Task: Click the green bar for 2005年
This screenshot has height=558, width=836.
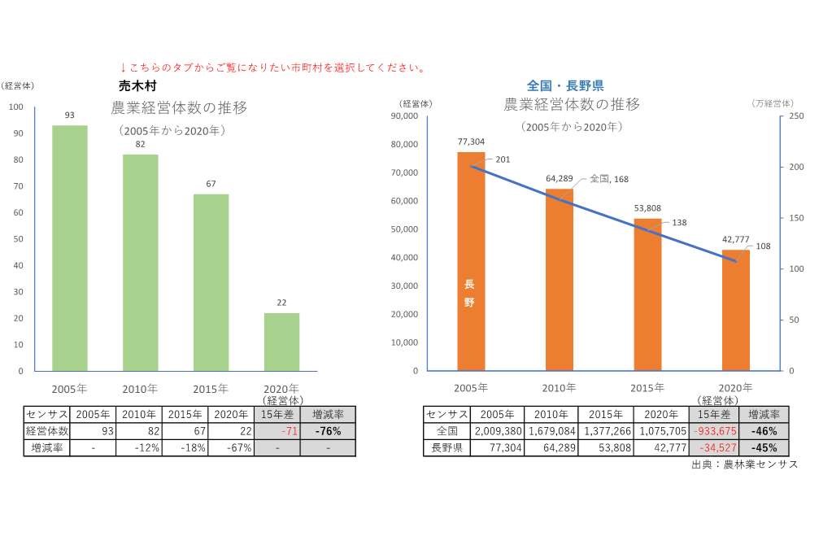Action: pos(70,248)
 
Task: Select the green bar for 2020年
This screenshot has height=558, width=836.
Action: pos(281,342)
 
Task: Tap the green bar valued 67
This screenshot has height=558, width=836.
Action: pos(211,282)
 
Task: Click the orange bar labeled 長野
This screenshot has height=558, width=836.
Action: pos(470,261)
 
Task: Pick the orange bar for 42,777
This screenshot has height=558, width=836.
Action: pos(736,310)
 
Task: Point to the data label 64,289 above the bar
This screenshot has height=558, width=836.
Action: pos(560,178)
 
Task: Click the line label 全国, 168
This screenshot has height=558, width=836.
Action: pos(608,179)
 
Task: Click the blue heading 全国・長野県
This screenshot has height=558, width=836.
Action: pos(564,85)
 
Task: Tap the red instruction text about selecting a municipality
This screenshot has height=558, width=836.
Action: pos(272,68)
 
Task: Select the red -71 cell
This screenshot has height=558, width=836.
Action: pos(276,431)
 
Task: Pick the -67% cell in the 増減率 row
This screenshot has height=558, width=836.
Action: pos(231,447)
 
